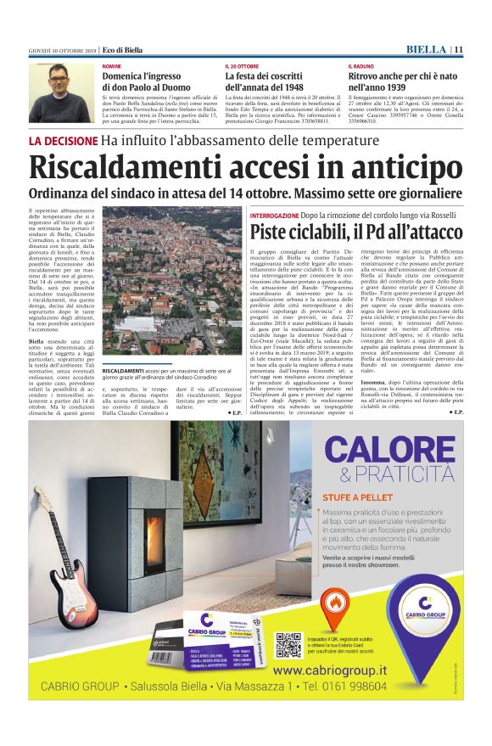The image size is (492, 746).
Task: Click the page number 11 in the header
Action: click(x=457, y=49)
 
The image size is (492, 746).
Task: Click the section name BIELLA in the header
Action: click(x=427, y=49)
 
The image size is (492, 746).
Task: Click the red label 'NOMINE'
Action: click(x=111, y=66)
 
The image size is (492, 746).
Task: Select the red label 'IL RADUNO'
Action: click(x=361, y=66)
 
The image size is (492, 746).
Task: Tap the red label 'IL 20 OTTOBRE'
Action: click(x=243, y=66)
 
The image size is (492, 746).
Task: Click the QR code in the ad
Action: click(x=288, y=644)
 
